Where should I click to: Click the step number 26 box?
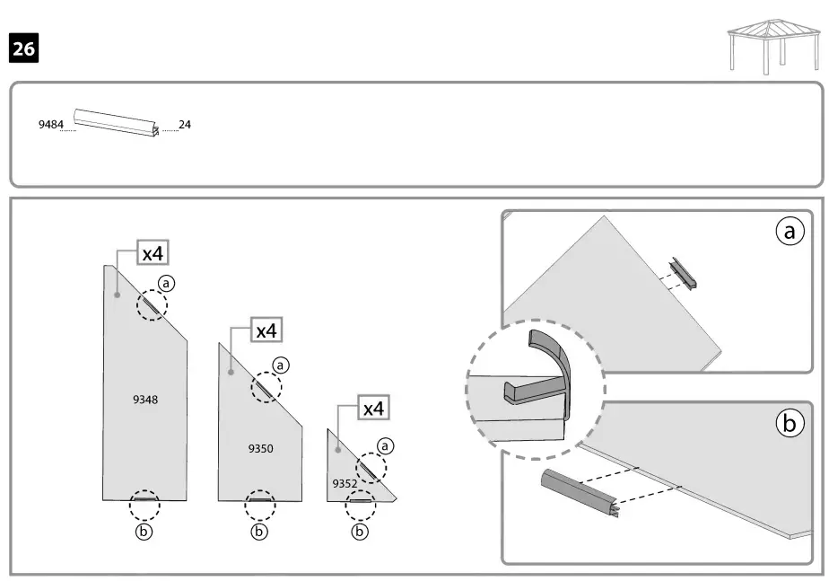click(24, 48)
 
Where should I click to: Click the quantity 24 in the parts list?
click(185, 125)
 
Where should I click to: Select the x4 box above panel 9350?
click(266, 330)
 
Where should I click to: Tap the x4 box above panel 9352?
click(372, 409)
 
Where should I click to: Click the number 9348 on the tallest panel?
click(145, 400)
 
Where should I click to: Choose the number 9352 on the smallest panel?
click(345, 483)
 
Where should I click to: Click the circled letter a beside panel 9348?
click(167, 283)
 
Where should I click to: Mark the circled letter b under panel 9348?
click(144, 531)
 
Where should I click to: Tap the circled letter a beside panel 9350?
click(282, 365)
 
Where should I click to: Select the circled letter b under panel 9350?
click(260, 532)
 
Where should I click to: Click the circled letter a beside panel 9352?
click(386, 445)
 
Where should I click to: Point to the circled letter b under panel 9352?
click(361, 532)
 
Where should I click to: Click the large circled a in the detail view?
click(789, 233)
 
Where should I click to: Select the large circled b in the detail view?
click(790, 424)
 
